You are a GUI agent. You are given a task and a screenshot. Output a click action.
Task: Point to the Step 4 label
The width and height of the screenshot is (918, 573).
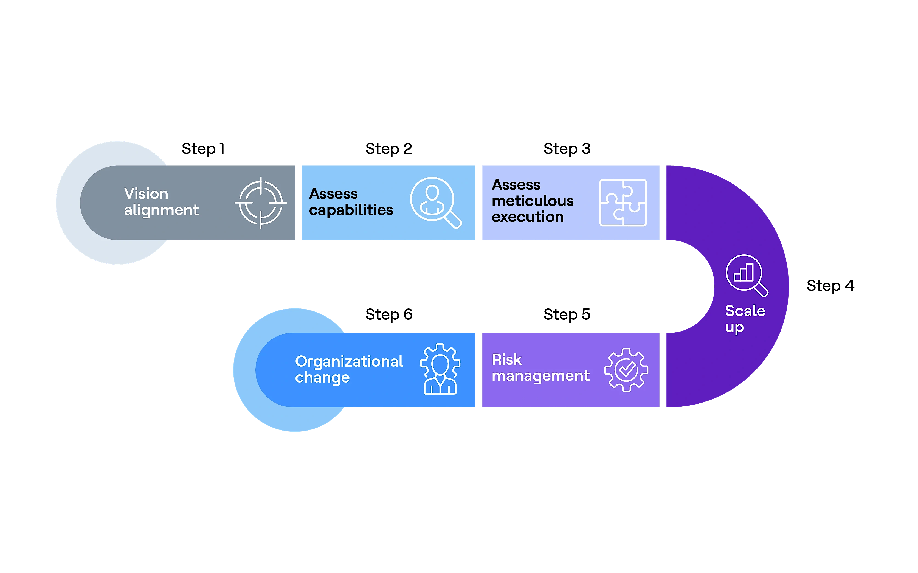point(830,286)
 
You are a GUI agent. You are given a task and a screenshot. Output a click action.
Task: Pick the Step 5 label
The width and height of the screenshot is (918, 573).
point(567,314)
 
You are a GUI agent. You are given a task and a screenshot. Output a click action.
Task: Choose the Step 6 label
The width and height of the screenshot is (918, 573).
point(389,314)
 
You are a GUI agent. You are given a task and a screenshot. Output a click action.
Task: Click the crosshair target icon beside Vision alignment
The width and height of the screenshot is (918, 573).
point(261,203)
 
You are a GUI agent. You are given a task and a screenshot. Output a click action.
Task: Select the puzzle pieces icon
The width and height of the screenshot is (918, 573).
point(623,203)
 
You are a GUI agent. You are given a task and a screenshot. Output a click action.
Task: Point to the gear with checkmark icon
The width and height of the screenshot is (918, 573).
point(626,370)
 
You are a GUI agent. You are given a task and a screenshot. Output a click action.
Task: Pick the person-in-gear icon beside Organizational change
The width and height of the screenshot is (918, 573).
point(440,369)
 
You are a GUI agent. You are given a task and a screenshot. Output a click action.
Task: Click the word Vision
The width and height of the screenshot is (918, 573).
point(146,194)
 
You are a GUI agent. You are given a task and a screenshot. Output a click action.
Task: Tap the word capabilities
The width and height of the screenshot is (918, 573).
point(351,210)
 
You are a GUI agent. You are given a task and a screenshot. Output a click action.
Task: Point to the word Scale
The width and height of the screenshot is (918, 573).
point(745,311)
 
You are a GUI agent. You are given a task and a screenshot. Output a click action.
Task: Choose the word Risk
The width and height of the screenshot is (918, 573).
point(506,360)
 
